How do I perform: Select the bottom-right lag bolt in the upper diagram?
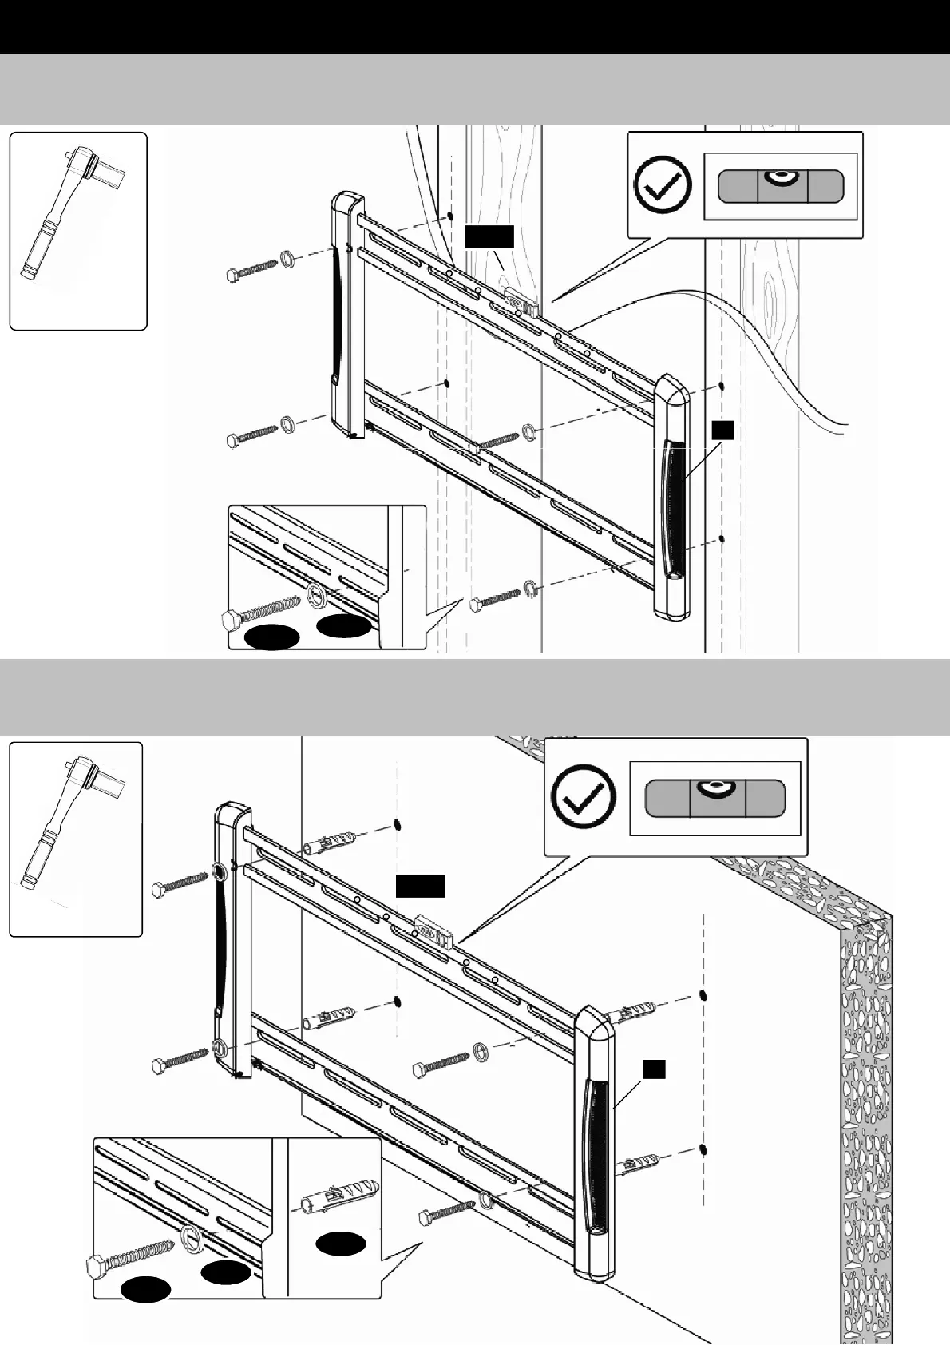click(x=495, y=598)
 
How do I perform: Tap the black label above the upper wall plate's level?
click(x=489, y=237)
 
